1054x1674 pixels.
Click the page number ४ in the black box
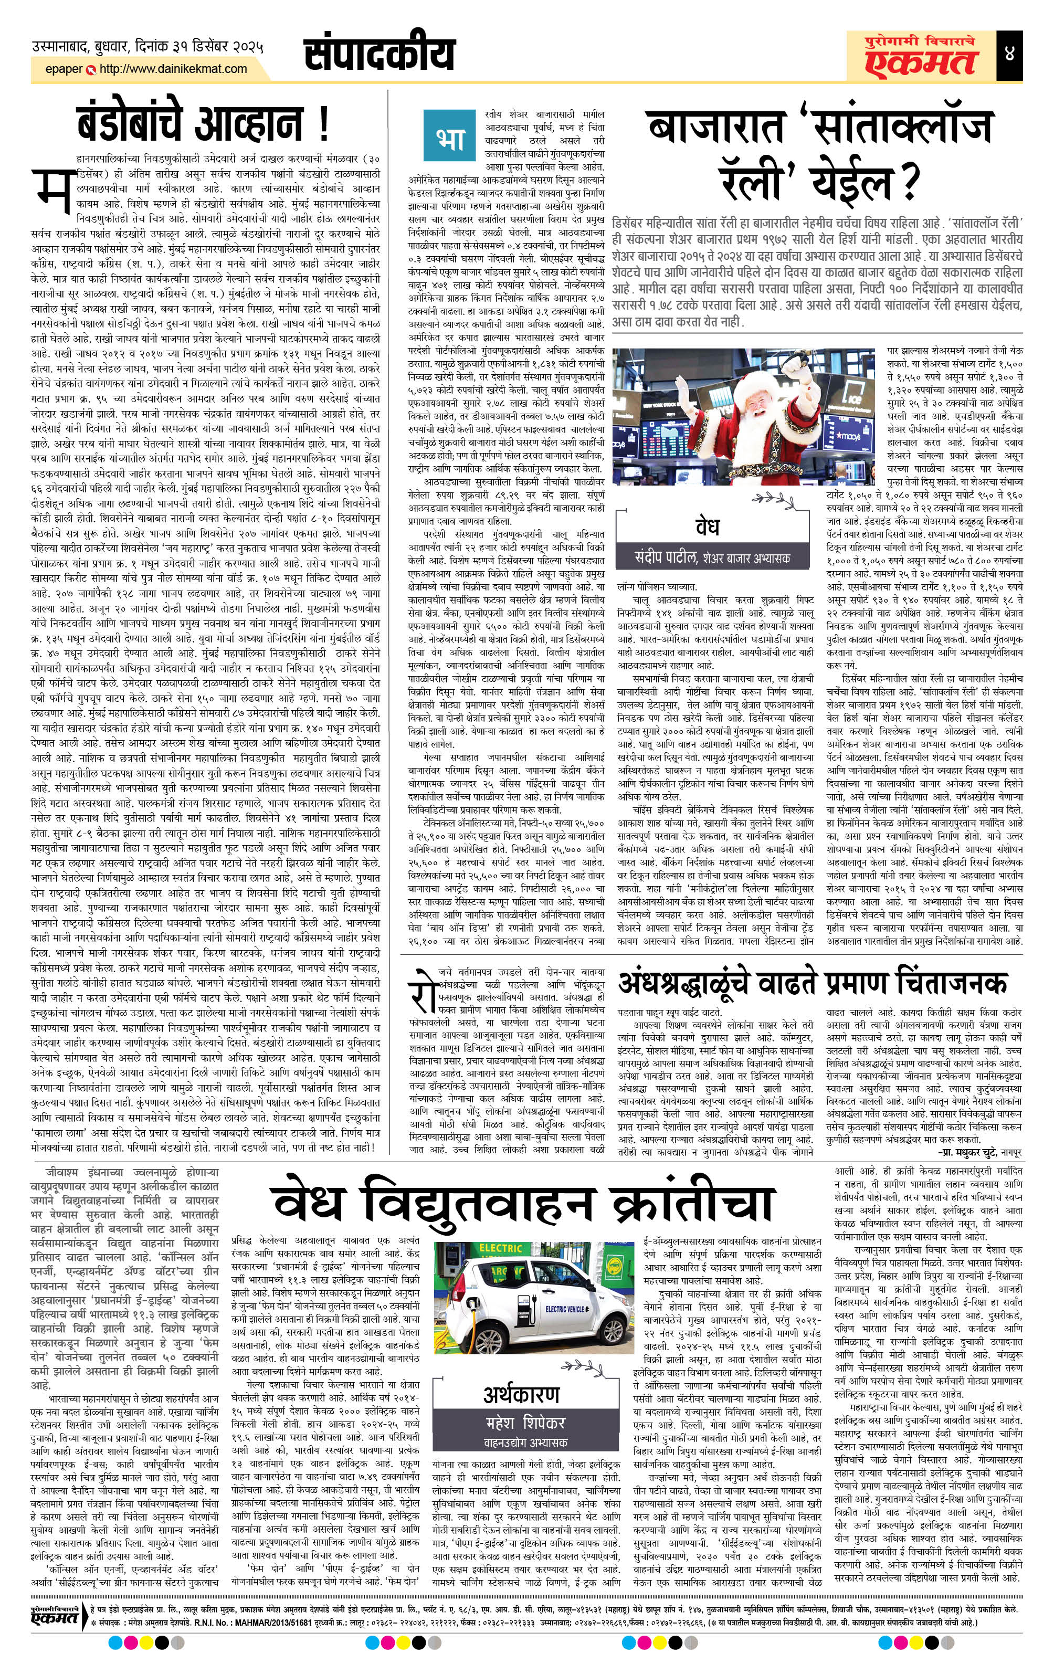click(x=1009, y=54)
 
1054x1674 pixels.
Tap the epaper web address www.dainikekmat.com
click(x=173, y=69)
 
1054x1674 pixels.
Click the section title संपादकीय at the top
click(x=380, y=54)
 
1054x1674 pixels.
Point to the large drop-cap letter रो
click(x=426, y=988)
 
